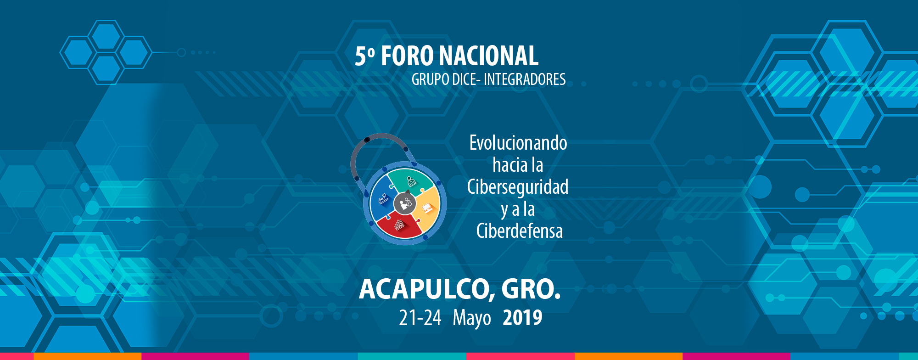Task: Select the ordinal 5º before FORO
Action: [x=365, y=56]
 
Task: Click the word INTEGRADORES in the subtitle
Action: [x=525, y=79]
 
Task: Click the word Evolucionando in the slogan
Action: [x=518, y=143]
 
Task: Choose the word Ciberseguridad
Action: [x=518, y=187]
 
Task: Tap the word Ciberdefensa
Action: [x=520, y=231]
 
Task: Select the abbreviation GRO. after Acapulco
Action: [x=531, y=289]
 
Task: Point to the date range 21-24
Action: [x=420, y=318]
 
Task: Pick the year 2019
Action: [x=522, y=318]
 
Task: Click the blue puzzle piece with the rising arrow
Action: [x=382, y=200]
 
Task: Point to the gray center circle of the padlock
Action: [x=405, y=203]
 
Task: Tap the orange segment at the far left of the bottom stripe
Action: [x=87, y=356]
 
